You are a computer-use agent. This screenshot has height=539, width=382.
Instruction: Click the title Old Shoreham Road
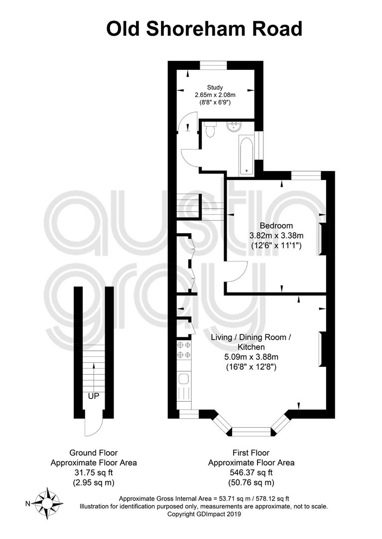tap(204, 29)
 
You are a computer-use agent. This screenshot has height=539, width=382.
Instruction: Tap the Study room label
tap(215, 87)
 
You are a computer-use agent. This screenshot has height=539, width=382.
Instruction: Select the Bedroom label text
tap(276, 226)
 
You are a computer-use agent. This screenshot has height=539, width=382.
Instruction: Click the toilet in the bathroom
tap(209, 129)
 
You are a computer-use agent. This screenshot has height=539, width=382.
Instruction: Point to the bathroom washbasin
tap(235, 126)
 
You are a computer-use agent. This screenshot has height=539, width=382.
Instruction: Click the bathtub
tap(246, 155)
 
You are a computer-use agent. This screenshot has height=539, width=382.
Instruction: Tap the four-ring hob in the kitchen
tap(184, 349)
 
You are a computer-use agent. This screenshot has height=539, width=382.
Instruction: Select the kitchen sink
tap(184, 379)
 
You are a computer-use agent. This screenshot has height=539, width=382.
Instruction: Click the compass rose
tap(47, 503)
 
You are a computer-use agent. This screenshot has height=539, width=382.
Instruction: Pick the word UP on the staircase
tap(94, 396)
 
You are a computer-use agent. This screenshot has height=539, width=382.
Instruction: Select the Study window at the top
tap(214, 65)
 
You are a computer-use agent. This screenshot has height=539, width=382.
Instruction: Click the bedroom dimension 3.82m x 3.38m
tap(276, 236)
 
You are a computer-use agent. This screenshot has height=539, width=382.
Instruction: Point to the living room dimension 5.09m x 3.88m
tap(251, 357)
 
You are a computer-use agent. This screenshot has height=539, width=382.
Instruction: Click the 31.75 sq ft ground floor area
tap(94, 473)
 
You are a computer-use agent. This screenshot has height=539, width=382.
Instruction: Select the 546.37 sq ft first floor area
tap(251, 473)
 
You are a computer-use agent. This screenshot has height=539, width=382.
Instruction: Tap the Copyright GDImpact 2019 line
tap(204, 514)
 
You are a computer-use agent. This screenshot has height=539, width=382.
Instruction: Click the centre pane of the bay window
tap(252, 431)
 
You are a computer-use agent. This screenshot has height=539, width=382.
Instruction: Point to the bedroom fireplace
tap(322, 239)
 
